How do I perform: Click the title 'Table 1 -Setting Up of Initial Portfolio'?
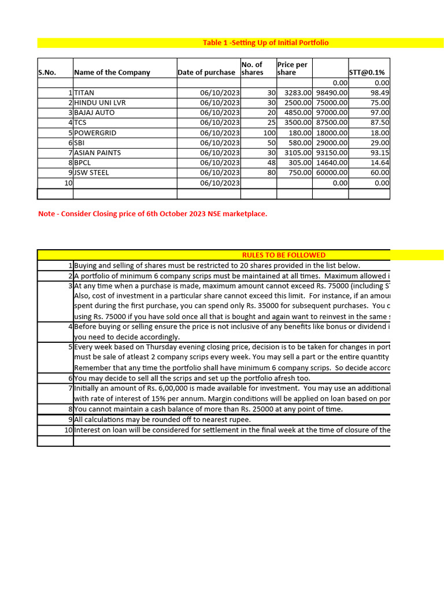point(266,43)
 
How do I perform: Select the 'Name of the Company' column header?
point(112,73)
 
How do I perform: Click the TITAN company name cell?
point(84,92)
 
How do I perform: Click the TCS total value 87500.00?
point(332,123)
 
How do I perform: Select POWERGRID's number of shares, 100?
point(269,133)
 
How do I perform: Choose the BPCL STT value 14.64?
point(379,163)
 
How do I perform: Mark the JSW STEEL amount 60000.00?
point(332,173)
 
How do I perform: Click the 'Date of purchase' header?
point(206,73)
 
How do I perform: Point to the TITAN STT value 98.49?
point(379,92)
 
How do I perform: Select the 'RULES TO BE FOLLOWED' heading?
point(283,255)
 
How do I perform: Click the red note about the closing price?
point(153,214)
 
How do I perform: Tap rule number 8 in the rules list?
point(69,409)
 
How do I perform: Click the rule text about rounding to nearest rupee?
point(162,420)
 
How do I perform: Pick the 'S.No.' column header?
point(47,73)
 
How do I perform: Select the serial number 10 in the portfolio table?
point(68,183)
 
